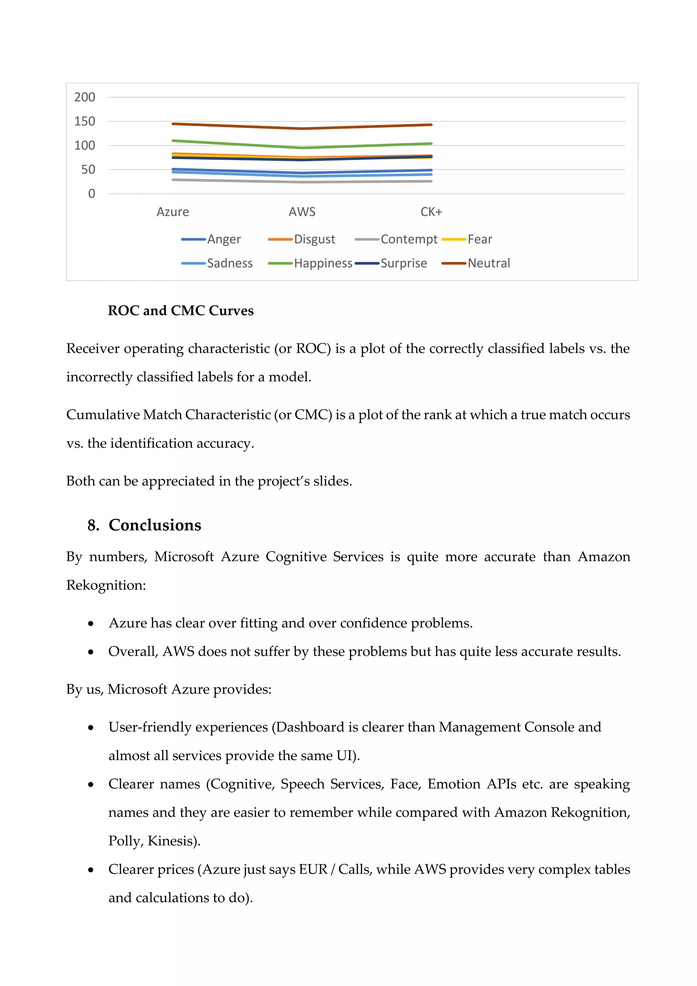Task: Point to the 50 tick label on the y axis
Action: coord(88,170)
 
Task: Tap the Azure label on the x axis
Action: coord(173,212)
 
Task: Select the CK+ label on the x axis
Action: coord(431,212)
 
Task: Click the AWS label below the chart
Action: coord(302,212)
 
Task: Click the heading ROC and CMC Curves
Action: coord(181,311)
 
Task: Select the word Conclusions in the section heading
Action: coord(155,525)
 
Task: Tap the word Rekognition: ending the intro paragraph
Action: coord(106,585)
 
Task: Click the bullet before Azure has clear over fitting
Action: coord(91,623)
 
